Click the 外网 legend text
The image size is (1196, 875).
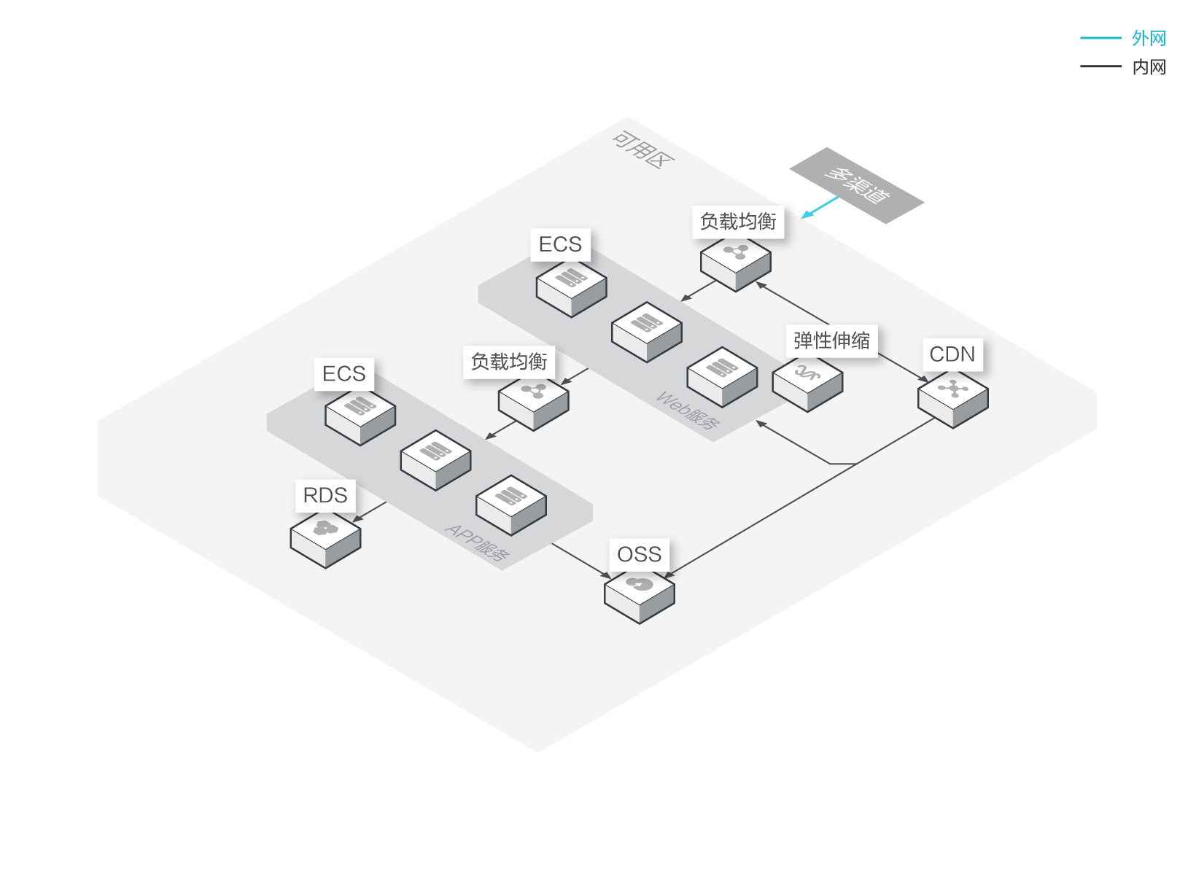click(1149, 38)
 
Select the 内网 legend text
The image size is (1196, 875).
click(1149, 67)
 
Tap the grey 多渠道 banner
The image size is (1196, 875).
click(857, 185)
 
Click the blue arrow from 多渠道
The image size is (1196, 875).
click(820, 207)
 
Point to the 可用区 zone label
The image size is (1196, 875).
click(642, 149)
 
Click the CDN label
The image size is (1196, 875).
click(952, 354)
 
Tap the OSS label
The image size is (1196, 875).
click(639, 555)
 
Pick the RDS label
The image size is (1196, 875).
click(325, 496)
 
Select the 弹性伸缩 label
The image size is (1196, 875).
click(831, 341)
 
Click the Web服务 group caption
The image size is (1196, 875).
click(688, 411)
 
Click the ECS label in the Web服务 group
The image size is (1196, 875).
click(560, 244)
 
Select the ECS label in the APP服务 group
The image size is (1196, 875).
click(343, 374)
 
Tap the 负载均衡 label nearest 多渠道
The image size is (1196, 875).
click(737, 222)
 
